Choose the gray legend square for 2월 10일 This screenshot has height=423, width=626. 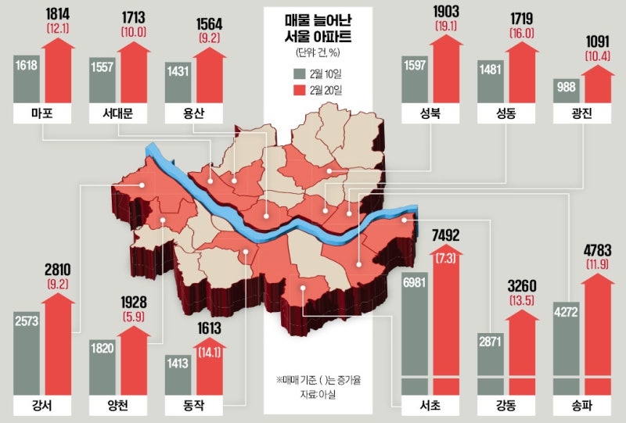coord(299,73)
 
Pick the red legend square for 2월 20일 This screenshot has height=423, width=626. coord(299,91)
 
